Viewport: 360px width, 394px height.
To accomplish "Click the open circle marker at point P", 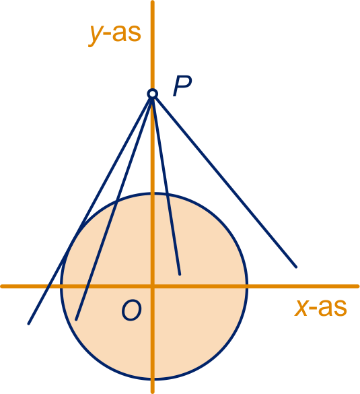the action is pyautogui.click(x=152, y=94).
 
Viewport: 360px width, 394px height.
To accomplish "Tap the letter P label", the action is pyautogui.click(x=182, y=86).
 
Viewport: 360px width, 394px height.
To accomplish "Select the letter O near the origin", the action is pyautogui.click(x=131, y=310).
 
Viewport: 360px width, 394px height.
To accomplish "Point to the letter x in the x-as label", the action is pyautogui.click(x=301, y=308).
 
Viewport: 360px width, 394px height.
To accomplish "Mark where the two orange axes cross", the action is pyautogui.click(x=152, y=286).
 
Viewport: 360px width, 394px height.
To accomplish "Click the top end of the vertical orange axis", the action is pyautogui.click(x=152, y=2).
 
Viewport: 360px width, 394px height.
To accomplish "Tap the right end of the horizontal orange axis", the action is pyautogui.click(x=358, y=286).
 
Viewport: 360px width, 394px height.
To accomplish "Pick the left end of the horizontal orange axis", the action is pyautogui.click(x=2, y=286).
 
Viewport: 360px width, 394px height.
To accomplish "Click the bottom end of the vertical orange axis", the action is pyautogui.click(x=152, y=392).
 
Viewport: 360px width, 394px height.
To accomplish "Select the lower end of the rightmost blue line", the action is pyautogui.click(x=296, y=267).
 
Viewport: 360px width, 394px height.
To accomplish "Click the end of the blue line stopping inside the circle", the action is pyautogui.click(x=180, y=274).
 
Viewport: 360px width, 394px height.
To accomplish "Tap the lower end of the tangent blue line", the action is pyautogui.click(x=29, y=324).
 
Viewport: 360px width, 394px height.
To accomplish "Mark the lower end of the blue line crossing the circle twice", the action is pyautogui.click(x=76, y=320).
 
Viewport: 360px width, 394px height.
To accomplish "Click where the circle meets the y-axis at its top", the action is pyautogui.click(x=152, y=193).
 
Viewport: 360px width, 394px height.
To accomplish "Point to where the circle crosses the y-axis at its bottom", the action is pyautogui.click(x=152, y=379).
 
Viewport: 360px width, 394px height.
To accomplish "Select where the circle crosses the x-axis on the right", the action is pyautogui.click(x=247, y=286).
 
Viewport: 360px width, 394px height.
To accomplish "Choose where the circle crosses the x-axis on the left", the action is pyautogui.click(x=61, y=286).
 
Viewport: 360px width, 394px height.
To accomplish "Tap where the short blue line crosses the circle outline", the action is pyautogui.click(x=168, y=195).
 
